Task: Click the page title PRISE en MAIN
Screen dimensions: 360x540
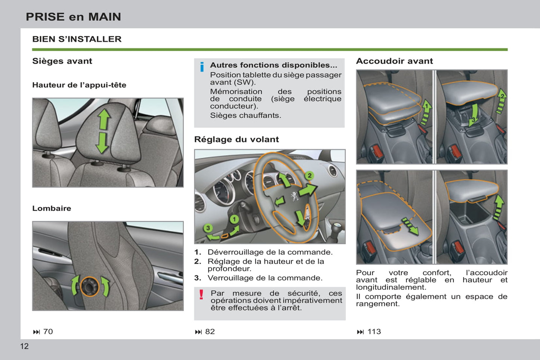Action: tap(73, 17)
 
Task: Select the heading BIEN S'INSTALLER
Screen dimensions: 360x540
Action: tap(77, 39)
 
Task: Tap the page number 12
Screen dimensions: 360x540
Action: tap(24, 346)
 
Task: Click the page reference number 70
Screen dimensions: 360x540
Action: tap(48, 332)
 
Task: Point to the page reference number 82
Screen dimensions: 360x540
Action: tap(210, 332)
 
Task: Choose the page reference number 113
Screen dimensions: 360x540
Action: tap(374, 332)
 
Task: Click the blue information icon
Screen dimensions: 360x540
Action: tap(202, 67)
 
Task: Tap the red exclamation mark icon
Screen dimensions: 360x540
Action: tap(201, 295)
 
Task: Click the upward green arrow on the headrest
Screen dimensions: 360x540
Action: tap(104, 119)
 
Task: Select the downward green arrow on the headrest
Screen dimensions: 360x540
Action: tap(102, 143)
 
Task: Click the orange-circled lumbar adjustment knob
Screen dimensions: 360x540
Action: tap(90, 286)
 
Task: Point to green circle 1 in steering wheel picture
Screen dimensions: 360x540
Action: tap(234, 219)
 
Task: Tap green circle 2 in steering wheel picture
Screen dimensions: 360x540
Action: tap(309, 176)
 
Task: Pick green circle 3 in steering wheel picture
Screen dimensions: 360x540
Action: tap(208, 228)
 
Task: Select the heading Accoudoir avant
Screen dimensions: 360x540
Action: tap(394, 61)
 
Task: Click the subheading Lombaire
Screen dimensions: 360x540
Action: tap(52, 208)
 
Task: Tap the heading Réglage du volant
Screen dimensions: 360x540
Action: tap(236, 140)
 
